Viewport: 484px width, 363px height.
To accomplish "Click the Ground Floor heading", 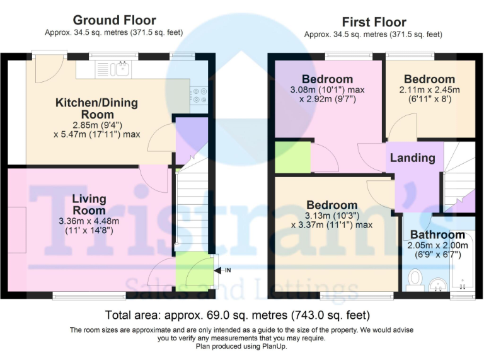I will pos(114,20).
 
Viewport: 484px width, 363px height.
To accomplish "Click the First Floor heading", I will pos(374,22).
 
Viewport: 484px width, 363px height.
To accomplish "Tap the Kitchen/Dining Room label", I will pos(96,108).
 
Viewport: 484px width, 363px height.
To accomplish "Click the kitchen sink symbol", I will pos(122,69).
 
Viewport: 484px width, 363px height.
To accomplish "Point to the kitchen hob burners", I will pos(199,95).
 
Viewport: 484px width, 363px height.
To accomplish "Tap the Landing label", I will pos(412,158).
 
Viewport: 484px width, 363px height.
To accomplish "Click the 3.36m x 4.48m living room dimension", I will pos(88,221).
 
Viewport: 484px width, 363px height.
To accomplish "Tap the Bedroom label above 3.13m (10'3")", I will pos(331,205).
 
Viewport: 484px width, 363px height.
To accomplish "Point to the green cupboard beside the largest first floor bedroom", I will pos(293,158).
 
